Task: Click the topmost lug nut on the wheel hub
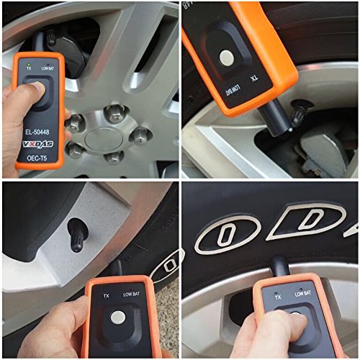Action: pyautogui.click(x=114, y=111)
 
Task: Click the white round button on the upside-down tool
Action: pyautogui.click(x=227, y=58)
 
